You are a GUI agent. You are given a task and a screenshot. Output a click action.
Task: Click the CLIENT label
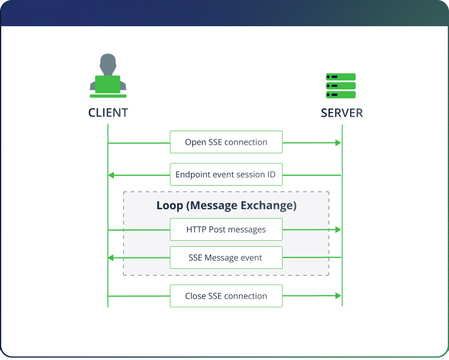(108, 113)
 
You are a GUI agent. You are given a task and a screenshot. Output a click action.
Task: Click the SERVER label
(342, 113)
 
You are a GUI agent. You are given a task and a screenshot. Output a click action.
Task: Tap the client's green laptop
(108, 84)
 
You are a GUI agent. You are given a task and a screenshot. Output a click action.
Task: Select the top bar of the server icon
(340, 77)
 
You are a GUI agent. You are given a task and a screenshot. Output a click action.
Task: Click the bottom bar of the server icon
(340, 94)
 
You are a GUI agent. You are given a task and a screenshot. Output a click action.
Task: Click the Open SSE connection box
(226, 142)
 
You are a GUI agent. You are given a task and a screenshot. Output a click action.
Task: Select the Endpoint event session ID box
(226, 175)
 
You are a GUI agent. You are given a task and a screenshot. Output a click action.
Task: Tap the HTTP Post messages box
(226, 229)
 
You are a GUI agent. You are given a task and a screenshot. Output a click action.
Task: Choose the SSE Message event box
(226, 258)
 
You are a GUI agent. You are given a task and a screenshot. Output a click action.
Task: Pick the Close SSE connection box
(226, 296)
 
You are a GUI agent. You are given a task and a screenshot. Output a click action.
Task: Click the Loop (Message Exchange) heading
(226, 206)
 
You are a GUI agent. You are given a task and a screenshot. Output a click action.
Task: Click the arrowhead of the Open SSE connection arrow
(338, 142)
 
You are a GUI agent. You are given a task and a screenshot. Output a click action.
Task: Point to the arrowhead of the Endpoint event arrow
(112, 175)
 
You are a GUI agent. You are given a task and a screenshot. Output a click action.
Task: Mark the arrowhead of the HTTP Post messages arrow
(338, 229)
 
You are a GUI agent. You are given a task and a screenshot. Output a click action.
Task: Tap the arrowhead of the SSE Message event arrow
(112, 258)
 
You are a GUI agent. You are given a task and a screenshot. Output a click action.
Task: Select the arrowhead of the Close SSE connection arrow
(338, 296)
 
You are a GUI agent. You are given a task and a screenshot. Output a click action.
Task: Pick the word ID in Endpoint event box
(271, 175)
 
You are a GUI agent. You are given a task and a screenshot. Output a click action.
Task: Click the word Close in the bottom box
(195, 296)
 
